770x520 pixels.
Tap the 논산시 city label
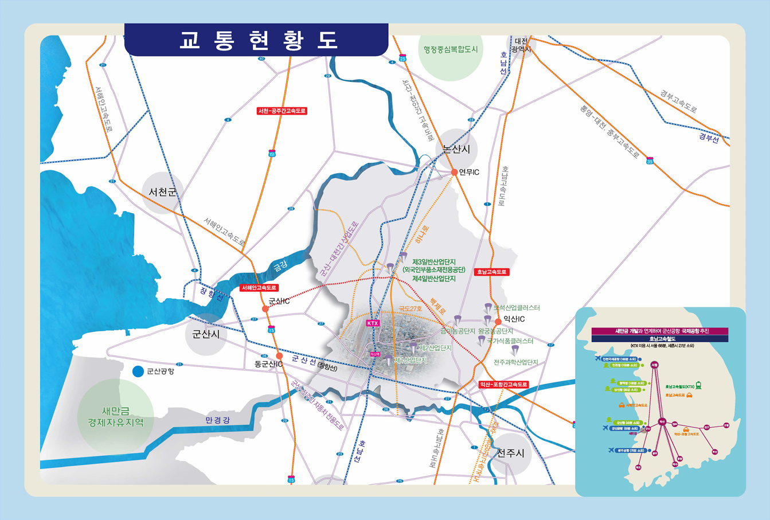(x=456, y=149)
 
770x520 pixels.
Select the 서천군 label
(x=163, y=191)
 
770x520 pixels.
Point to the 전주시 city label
(x=510, y=453)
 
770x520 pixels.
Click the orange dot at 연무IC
(x=454, y=172)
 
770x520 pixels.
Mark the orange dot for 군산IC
(x=265, y=308)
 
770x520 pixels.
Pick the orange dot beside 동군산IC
(x=279, y=355)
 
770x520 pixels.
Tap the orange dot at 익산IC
(x=498, y=322)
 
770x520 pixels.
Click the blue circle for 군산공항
(x=138, y=372)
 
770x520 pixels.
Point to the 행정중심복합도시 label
(x=451, y=49)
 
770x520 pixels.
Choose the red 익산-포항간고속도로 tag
(x=503, y=385)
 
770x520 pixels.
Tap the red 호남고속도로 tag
(x=492, y=272)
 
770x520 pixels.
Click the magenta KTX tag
(x=373, y=323)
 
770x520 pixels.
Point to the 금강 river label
(x=280, y=266)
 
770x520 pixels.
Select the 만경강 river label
(x=217, y=420)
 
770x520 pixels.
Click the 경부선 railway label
(x=708, y=138)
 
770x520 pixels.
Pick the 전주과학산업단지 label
(x=516, y=362)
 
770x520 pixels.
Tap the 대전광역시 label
(x=522, y=45)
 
